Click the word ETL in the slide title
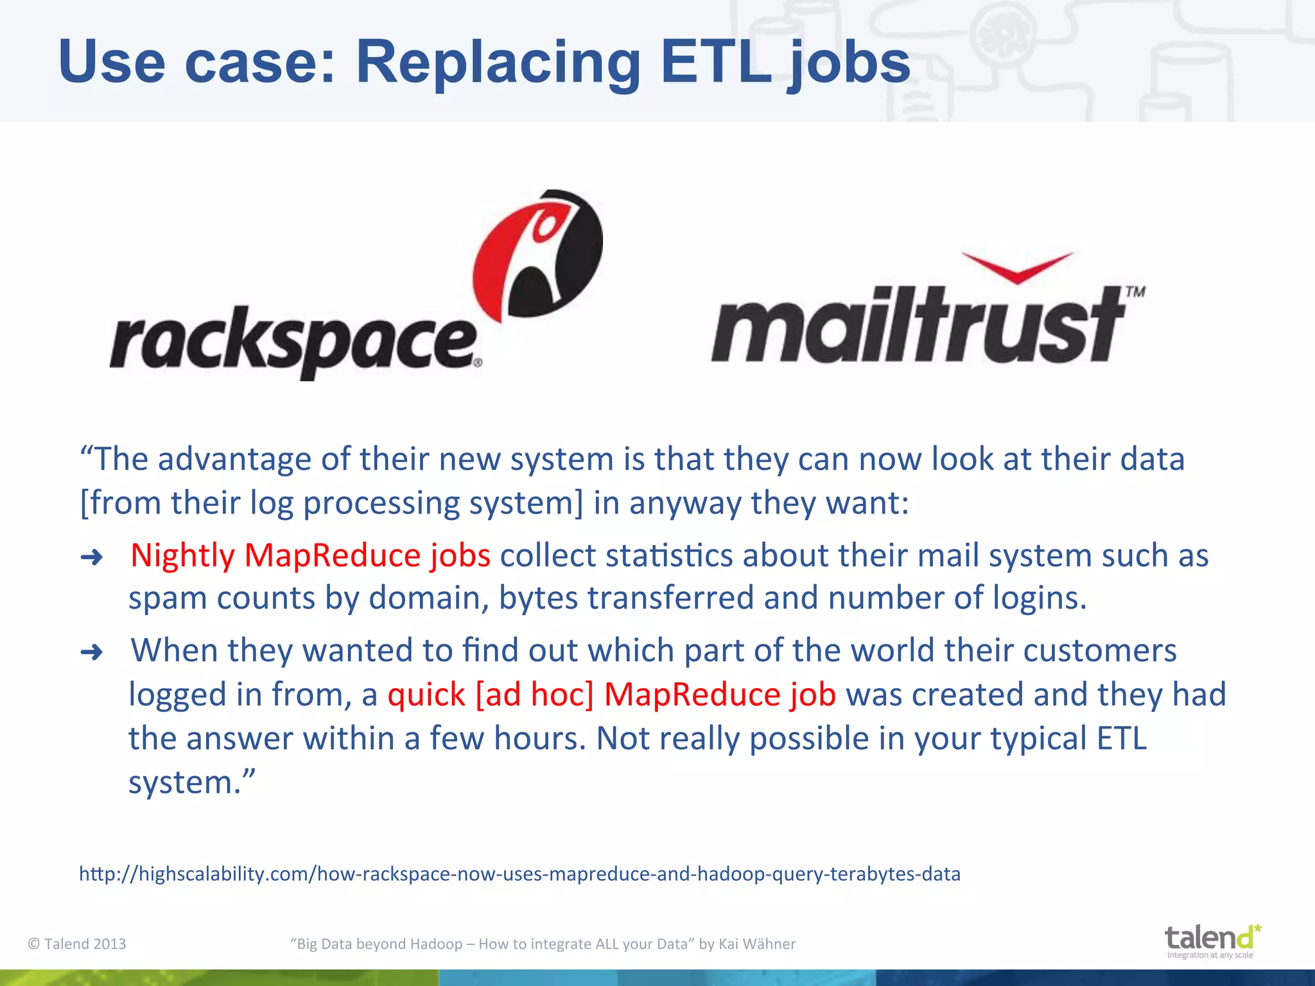(716, 62)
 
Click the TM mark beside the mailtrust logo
(1135, 292)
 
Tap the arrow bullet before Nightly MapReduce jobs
(92, 557)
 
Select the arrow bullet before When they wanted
(92, 652)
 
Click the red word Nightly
(182, 555)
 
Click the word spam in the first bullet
(168, 598)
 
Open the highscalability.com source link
(519, 874)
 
